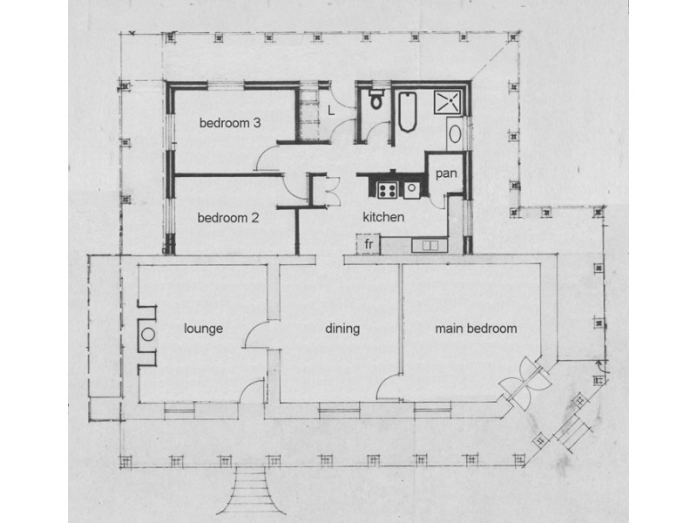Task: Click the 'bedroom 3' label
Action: click(230, 123)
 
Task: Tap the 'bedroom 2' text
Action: click(227, 218)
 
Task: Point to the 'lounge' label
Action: click(205, 329)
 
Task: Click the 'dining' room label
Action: click(342, 329)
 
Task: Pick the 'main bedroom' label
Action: click(476, 329)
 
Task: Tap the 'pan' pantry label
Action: click(448, 173)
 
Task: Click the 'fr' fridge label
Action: click(369, 245)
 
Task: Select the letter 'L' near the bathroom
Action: click(331, 110)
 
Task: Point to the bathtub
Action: click(406, 111)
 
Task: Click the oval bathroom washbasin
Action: click(457, 134)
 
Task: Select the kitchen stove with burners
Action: click(386, 187)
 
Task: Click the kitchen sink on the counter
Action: click(430, 245)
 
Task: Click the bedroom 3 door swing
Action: click(272, 157)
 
